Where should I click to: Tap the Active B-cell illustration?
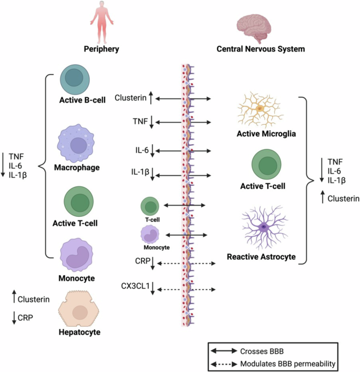pyautogui.click(x=77, y=80)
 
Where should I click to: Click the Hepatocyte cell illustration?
pyautogui.click(x=80, y=310)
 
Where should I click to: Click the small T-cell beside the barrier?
pyautogui.click(x=150, y=206)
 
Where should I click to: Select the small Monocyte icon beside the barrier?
pyautogui.click(x=150, y=234)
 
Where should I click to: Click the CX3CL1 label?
pyautogui.click(x=134, y=285)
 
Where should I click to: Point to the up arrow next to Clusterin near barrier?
pyautogui.click(x=151, y=97)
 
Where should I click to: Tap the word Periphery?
pyautogui.click(x=101, y=49)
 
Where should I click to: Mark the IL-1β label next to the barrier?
pyautogui.click(x=140, y=172)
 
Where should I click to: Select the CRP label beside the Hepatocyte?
pyautogui.click(x=26, y=317)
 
